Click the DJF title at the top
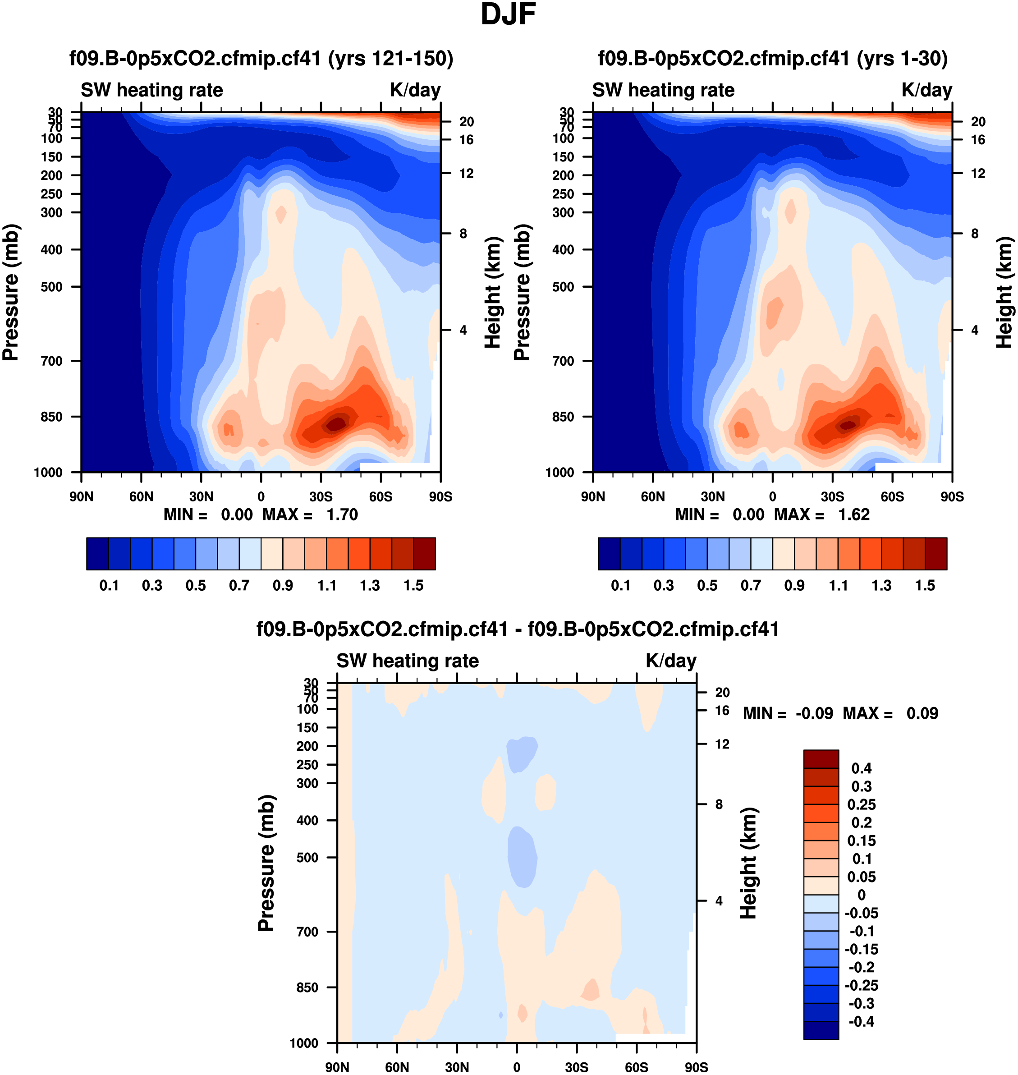(x=508, y=14)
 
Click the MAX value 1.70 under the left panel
(x=342, y=515)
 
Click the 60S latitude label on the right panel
(x=892, y=496)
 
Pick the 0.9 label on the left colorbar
(x=283, y=586)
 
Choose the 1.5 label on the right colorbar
(x=925, y=586)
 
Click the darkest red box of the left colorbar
(x=424, y=554)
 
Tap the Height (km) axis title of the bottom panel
(x=748, y=863)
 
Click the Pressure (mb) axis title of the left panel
(x=10, y=293)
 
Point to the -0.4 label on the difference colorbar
(x=861, y=1022)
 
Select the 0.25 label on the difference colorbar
(x=861, y=804)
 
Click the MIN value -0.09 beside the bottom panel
(x=814, y=713)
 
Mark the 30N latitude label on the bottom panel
(x=457, y=1067)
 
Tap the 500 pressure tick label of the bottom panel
(x=307, y=857)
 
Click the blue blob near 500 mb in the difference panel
(x=522, y=857)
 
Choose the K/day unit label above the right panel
(x=926, y=90)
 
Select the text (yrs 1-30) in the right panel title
(x=902, y=59)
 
